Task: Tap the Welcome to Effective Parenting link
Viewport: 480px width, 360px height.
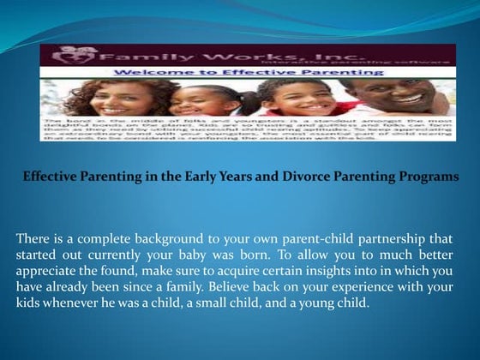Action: [249, 73]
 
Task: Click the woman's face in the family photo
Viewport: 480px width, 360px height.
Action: [123, 99]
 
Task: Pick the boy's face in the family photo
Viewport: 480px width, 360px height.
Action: [297, 97]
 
